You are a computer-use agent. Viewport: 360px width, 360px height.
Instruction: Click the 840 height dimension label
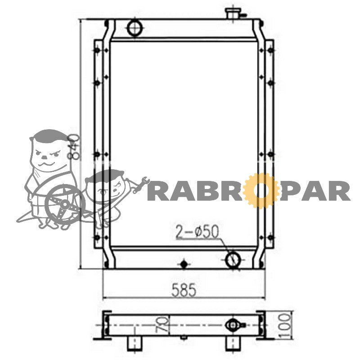[x=73, y=147]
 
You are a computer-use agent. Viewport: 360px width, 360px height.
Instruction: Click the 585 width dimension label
[x=184, y=290]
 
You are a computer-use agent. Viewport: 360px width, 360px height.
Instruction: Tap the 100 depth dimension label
[x=285, y=325]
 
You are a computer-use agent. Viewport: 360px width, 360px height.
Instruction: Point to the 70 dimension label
[x=162, y=324]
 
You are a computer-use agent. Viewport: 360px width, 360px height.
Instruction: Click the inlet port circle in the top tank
[x=135, y=28]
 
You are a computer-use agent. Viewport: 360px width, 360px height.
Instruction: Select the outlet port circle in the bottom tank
[x=233, y=260]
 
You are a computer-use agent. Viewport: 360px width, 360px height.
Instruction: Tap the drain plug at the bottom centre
[x=184, y=264]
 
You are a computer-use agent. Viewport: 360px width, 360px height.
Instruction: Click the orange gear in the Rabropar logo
[x=260, y=191]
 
